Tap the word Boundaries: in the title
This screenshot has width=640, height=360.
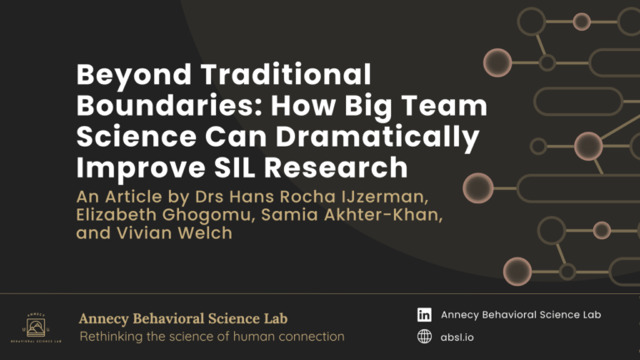point(155,107)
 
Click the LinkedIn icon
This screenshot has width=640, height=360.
point(424,315)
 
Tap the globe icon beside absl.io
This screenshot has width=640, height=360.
point(424,337)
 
